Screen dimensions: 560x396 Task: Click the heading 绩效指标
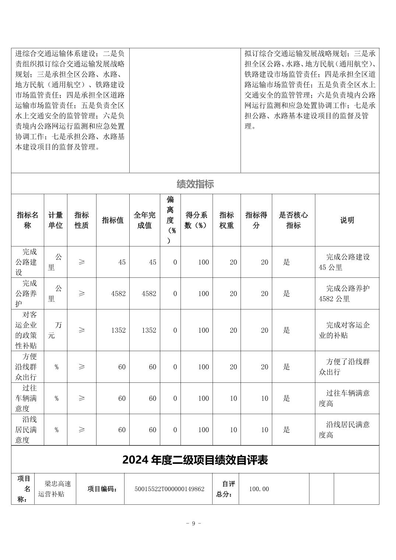click(x=195, y=184)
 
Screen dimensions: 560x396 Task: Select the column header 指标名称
click(x=27, y=220)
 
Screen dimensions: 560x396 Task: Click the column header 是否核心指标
click(x=293, y=220)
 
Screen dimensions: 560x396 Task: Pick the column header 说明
click(x=347, y=220)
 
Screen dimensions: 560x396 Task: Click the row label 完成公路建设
click(x=27, y=262)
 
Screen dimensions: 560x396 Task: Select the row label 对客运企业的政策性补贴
click(x=27, y=330)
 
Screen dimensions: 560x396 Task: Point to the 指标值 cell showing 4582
click(x=118, y=294)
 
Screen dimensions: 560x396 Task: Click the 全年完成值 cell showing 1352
click(x=149, y=330)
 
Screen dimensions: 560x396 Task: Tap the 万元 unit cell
click(x=55, y=330)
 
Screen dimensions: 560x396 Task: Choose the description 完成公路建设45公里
click(x=347, y=262)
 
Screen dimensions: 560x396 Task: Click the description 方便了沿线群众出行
click(x=347, y=367)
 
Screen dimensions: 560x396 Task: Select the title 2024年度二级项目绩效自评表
click(x=195, y=460)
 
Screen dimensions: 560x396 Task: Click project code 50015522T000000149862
click(x=169, y=489)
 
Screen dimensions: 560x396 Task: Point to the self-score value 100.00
click(x=259, y=489)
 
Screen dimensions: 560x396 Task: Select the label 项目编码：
click(x=102, y=489)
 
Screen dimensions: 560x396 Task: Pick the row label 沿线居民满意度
click(x=27, y=430)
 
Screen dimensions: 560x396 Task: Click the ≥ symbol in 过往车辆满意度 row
click(x=81, y=398)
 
